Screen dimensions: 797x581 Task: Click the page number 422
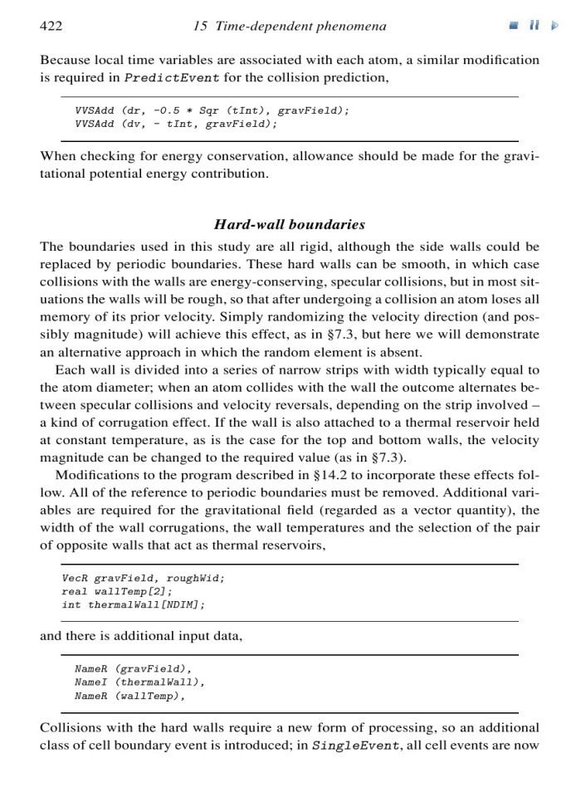[x=51, y=27]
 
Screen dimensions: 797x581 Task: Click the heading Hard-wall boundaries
[x=290, y=224]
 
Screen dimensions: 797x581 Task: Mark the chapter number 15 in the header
[x=199, y=27]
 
